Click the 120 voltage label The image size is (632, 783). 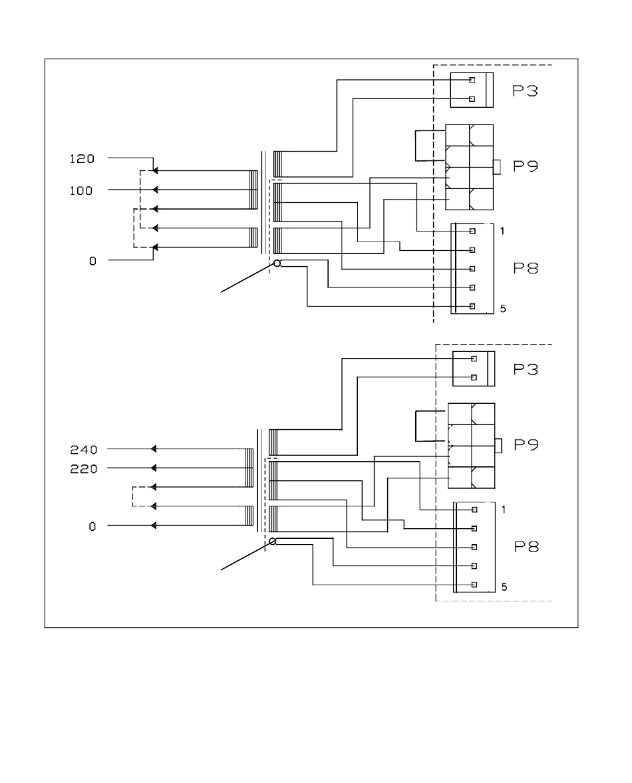(82, 159)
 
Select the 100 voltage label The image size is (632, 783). (81, 191)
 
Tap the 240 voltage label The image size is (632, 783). (83, 450)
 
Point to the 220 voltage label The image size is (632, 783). (83, 469)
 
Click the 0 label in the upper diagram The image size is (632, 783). (92, 261)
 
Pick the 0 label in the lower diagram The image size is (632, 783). (92, 527)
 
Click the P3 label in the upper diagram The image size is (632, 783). (525, 91)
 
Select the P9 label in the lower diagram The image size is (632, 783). (526, 444)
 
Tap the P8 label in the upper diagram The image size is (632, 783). (526, 268)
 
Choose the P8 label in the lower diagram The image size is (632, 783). (527, 547)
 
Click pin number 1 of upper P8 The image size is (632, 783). (502, 232)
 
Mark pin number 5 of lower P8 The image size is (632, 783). (504, 587)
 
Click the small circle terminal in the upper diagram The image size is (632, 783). (277, 263)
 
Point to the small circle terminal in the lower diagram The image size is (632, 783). (273, 542)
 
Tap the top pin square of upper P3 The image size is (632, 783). (472, 80)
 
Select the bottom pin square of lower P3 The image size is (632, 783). (474, 377)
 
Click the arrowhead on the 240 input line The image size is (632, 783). (154, 449)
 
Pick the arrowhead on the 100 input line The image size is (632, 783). (155, 190)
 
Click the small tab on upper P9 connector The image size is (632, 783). (497, 167)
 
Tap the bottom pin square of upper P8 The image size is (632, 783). (472, 307)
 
